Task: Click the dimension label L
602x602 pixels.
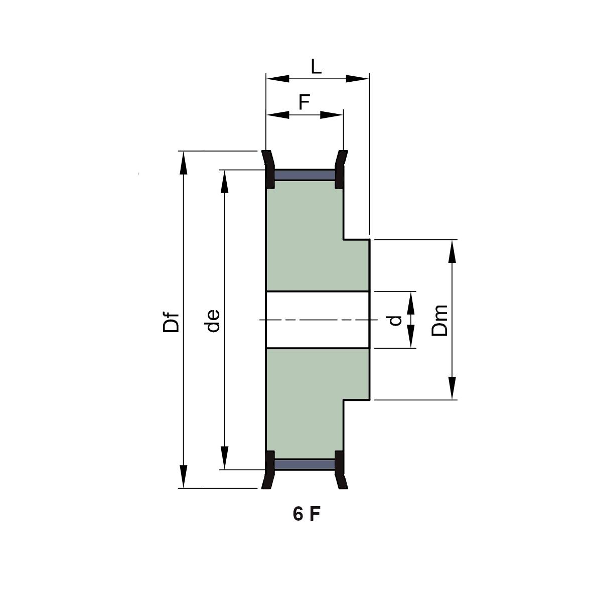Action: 316,67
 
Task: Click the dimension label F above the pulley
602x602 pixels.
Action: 304,102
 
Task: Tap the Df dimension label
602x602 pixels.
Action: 171,322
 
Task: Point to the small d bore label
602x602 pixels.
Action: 395,321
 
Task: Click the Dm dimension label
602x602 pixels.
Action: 439,320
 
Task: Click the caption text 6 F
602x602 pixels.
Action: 307,514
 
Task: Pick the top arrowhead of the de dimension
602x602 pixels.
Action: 224,182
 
